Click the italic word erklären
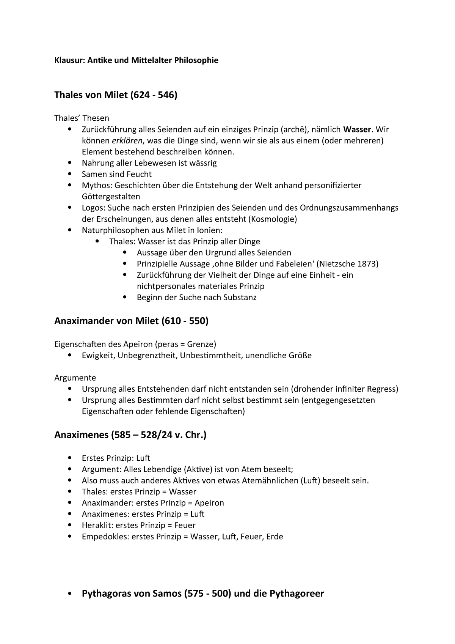pos(127,141)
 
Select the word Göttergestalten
pos(111,197)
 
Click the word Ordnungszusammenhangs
pos(349,208)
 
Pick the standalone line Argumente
pos(75,378)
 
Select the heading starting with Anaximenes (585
pos(130,435)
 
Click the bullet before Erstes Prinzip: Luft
pos(69,458)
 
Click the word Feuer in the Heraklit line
pos(185,525)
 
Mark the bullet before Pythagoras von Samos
pos(69,594)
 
